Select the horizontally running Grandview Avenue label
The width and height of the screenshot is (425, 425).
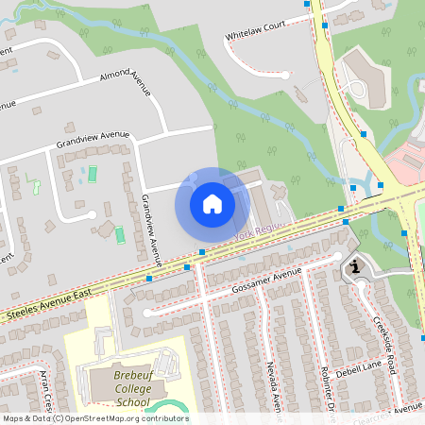click(x=92, y=141)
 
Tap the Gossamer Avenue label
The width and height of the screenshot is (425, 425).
click(x=265, y=278)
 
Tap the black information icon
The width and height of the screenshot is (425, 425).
click(x=355, y=267)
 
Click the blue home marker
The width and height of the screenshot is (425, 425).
click(x=212, y=204)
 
